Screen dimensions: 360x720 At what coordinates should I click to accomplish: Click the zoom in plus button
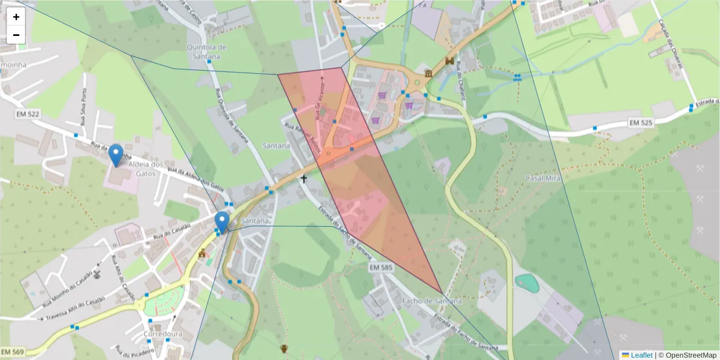16,17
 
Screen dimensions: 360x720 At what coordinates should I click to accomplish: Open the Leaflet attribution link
641,355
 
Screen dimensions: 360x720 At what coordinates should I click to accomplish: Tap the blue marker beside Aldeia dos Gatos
115,155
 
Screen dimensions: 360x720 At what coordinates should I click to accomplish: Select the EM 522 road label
29,114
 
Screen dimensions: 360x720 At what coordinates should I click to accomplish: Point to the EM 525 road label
641,122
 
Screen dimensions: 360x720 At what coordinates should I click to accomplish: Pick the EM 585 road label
382,266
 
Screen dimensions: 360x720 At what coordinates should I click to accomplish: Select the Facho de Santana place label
433,301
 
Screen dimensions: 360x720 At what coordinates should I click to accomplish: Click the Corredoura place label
163,334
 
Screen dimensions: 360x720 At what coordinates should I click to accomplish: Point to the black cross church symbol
304,179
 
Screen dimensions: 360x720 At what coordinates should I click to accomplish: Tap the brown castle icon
449,61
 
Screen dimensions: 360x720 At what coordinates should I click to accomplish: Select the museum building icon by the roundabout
428,73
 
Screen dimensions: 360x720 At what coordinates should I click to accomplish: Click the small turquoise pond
527,283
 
